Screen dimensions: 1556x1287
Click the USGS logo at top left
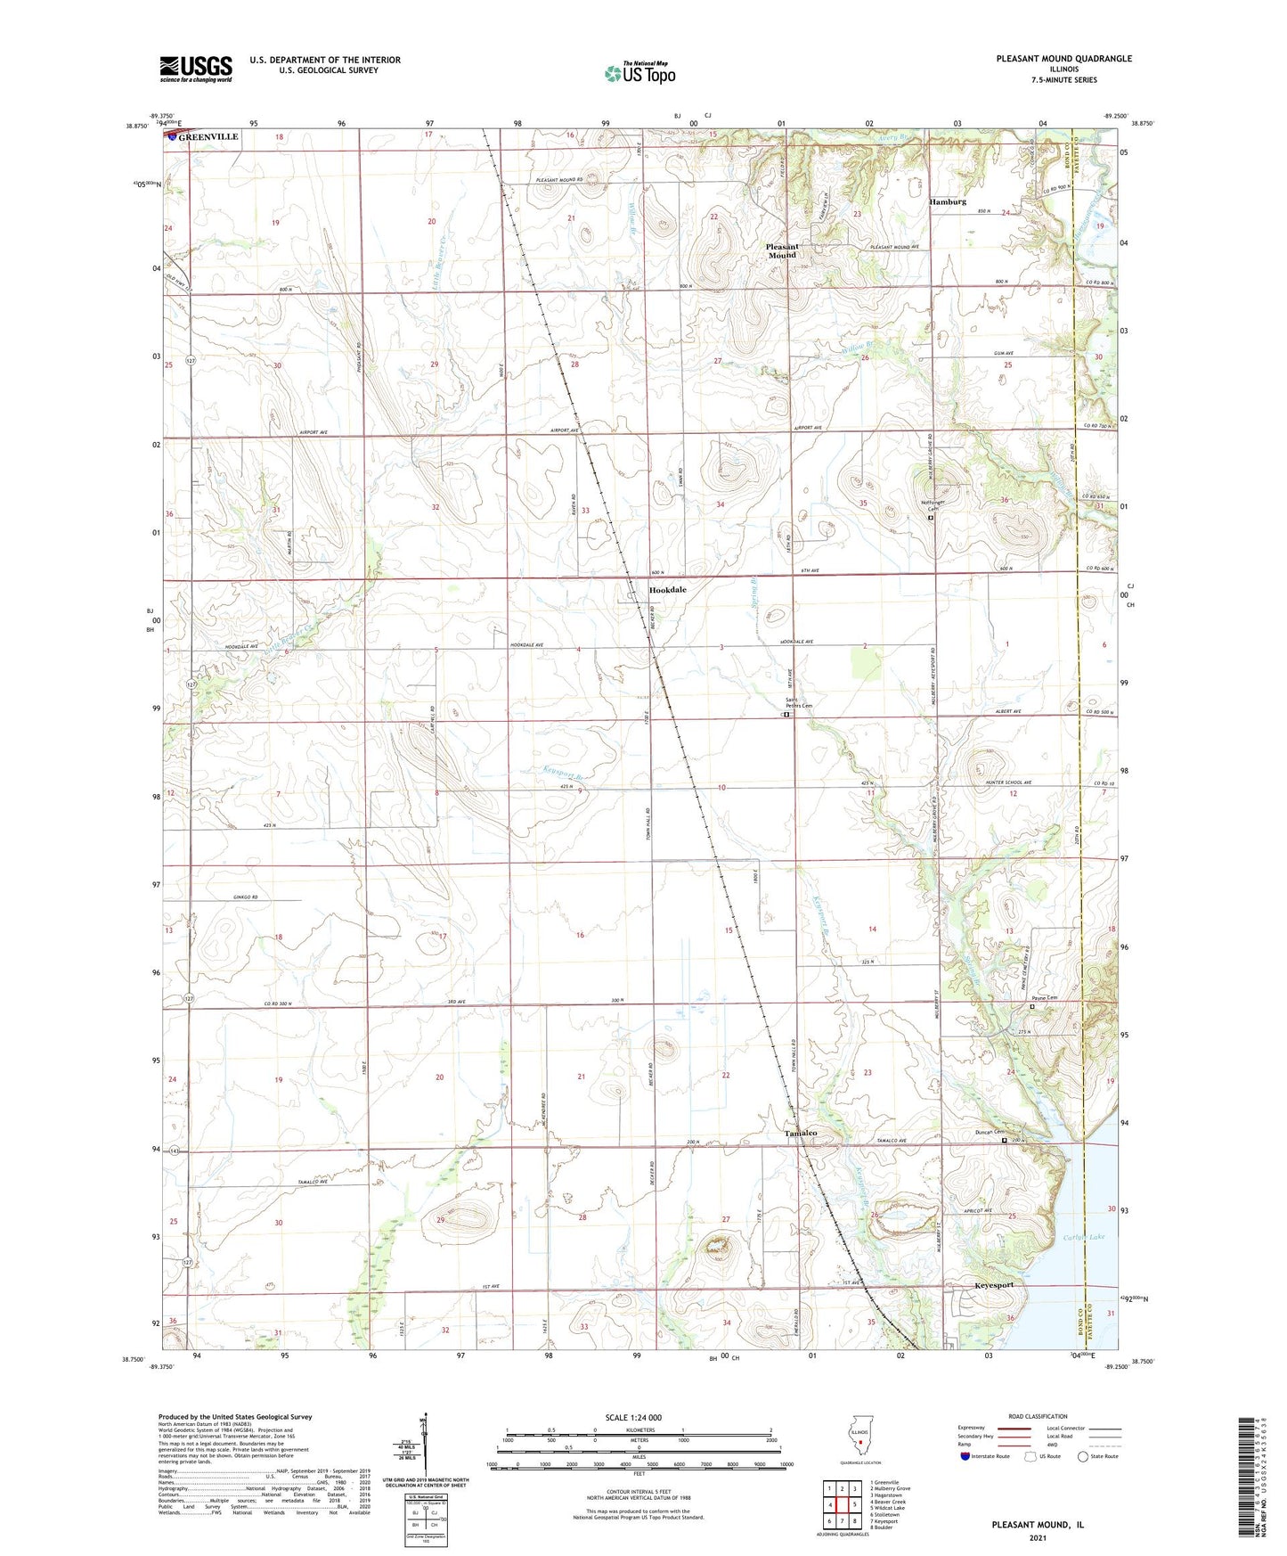[x=196, y=69]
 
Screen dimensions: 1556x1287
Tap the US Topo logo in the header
[x=639, y=74]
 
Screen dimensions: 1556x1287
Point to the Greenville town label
[x=208, y=137]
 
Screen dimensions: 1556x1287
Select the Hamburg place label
[x=948, y=202]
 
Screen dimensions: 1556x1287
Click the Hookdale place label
[x=667, y=590]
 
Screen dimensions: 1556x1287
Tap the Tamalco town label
[x=800, y=1133]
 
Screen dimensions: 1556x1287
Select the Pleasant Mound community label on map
[x=782, y=250]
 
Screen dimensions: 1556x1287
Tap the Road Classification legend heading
[x=1038, y=1416]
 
